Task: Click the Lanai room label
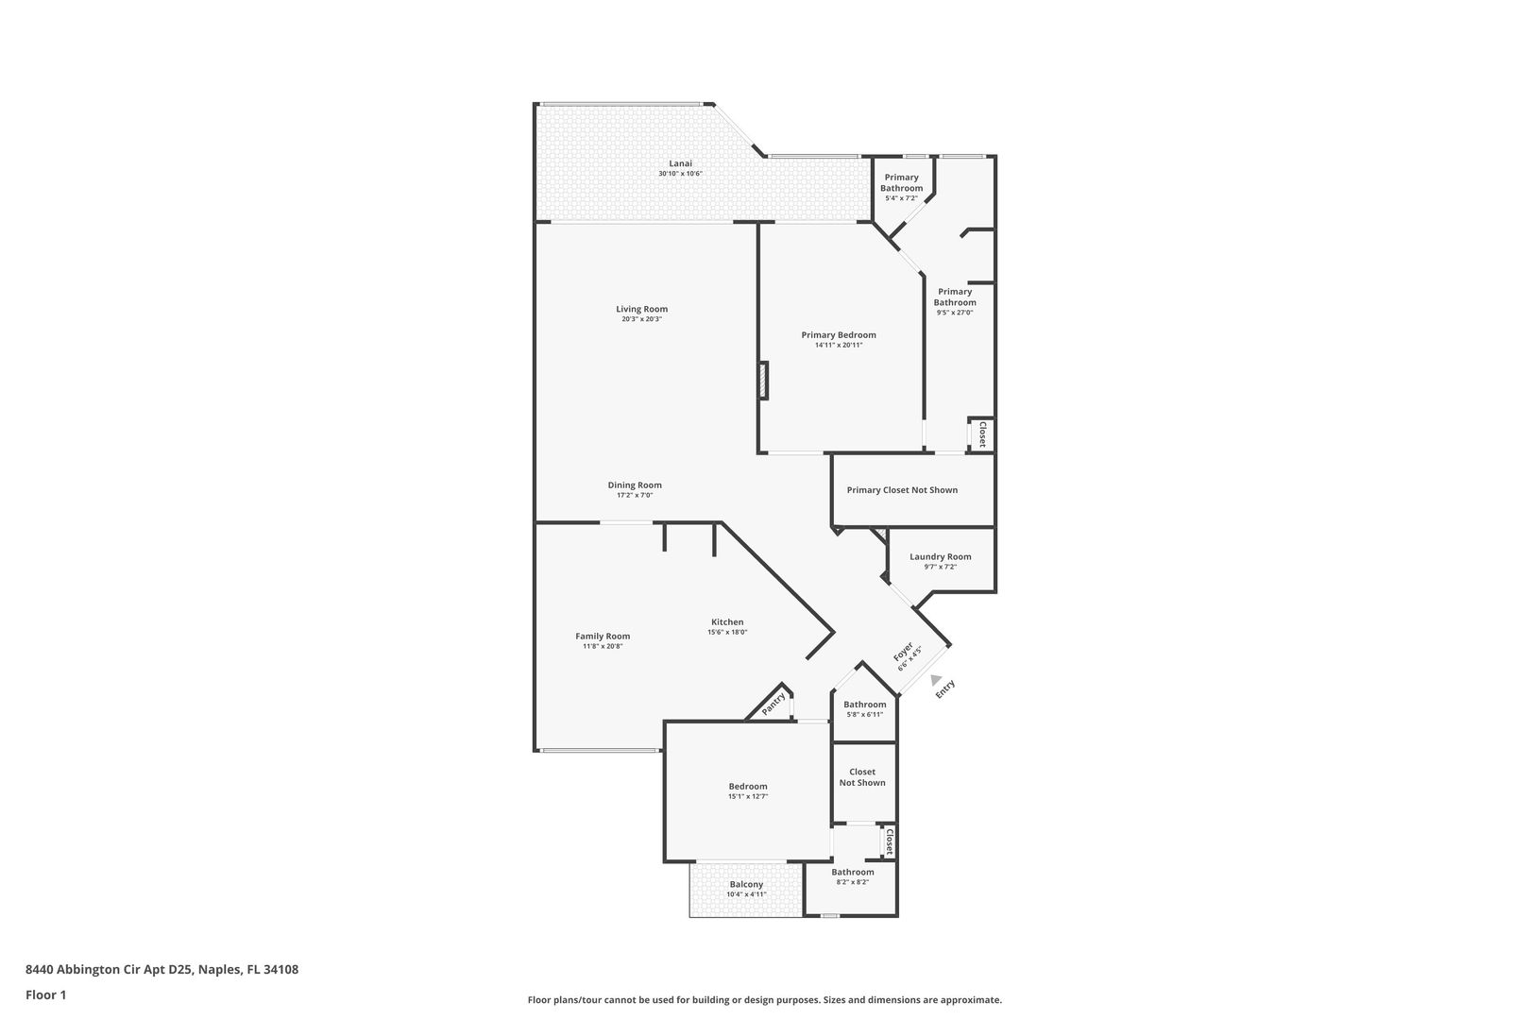click(680, 163)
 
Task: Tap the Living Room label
click(641, 309)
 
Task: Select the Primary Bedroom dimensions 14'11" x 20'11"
click(838, 345)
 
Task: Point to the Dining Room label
click(635, 485)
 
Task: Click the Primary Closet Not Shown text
click(902, 490)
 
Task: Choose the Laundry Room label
click(940, 557)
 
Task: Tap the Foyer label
click(903, 652)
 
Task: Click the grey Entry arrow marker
click(936, 680)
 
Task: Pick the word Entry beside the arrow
click(944, 688)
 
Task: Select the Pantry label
click(773, 704)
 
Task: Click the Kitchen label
click(727, 621)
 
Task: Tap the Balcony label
click(746, 884)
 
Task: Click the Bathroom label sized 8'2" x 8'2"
click(853, 872)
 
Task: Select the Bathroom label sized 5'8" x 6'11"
click(865, 705)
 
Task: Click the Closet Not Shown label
click(862, 777)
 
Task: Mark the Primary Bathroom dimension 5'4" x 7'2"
click(901, 198)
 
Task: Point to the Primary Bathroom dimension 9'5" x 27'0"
click(954, 313)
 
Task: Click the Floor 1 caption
click(45, 994)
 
